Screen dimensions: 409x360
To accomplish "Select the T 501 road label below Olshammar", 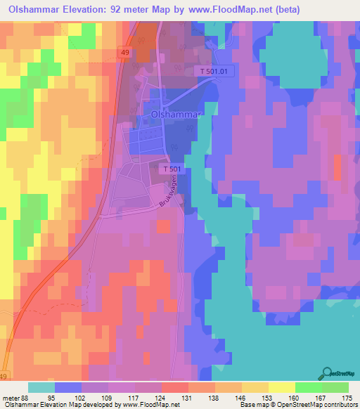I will tap(174, 169).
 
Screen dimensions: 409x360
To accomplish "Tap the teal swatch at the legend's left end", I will tap(41, 387).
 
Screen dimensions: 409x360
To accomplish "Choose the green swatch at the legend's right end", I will tap(335, 387).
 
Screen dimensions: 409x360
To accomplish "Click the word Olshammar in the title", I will tap(41, 10).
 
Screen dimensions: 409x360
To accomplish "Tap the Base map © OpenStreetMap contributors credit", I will tap(297, 405).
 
